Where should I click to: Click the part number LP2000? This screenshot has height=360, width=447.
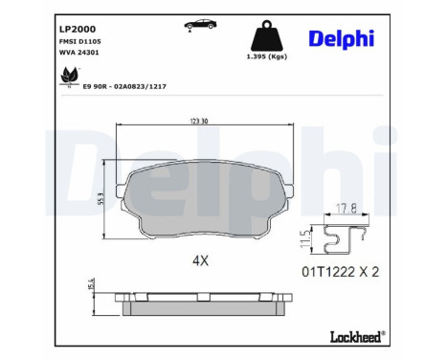(x=78, y=29)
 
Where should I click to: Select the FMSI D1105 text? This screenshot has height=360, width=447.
(x=80, y=41)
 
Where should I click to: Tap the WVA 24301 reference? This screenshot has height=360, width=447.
(x=79, y=53)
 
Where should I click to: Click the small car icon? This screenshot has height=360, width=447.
(x=201, y=25)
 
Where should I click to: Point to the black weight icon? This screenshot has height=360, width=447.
(x=267, y=35)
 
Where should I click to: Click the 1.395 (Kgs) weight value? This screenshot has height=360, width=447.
(x=267, y=56)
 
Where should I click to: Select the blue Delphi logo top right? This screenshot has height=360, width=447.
(x=341, y=39)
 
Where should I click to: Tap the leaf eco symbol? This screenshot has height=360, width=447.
(x=70, y=77)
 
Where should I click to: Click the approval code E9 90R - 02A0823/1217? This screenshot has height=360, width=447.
(x=124, y=86)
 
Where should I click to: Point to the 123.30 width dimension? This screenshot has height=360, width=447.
(x=199, y=121)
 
